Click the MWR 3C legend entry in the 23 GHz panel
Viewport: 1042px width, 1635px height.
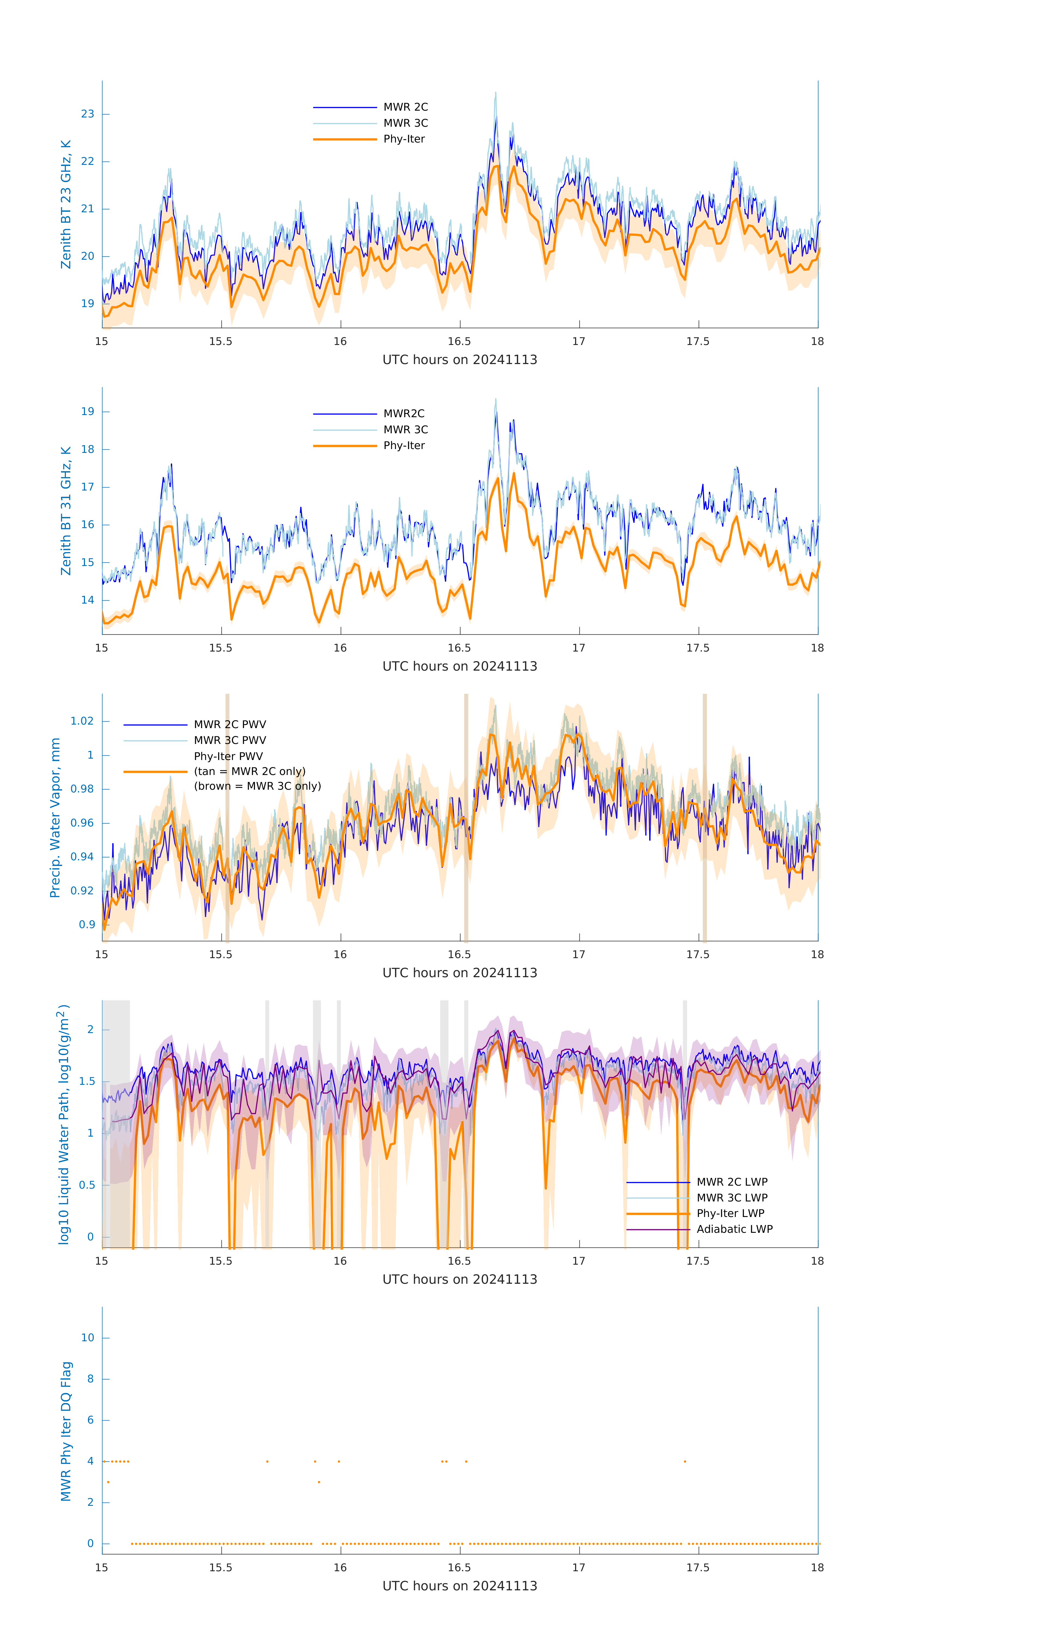pos(405,123)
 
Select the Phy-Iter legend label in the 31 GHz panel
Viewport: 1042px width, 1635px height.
pos(404,446)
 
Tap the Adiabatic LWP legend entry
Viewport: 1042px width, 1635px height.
pos(734,1229)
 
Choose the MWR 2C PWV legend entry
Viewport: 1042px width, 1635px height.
pos(229,725)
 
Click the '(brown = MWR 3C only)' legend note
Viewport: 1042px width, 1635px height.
pos(257,786)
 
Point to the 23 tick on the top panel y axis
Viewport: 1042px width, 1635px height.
pos(87,114)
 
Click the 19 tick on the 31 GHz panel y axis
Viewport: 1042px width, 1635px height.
pos(87,411)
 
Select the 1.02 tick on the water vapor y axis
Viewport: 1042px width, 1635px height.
pos(82,721)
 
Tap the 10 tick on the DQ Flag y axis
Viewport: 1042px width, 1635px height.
pos(87,1338)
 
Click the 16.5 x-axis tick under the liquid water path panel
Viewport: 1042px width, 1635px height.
pos(460,1261)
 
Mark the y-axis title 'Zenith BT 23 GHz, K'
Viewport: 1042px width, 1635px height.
pos(66,204)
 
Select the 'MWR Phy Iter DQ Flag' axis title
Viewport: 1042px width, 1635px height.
pos(66,1431)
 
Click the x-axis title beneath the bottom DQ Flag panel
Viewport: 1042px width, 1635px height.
pos(460,1586)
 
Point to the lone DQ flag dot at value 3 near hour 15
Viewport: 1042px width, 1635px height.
pos(108,1482)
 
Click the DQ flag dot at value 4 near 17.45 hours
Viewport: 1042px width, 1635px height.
pos(685,1461)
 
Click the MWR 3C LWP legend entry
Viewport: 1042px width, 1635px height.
pos(732,1198)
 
